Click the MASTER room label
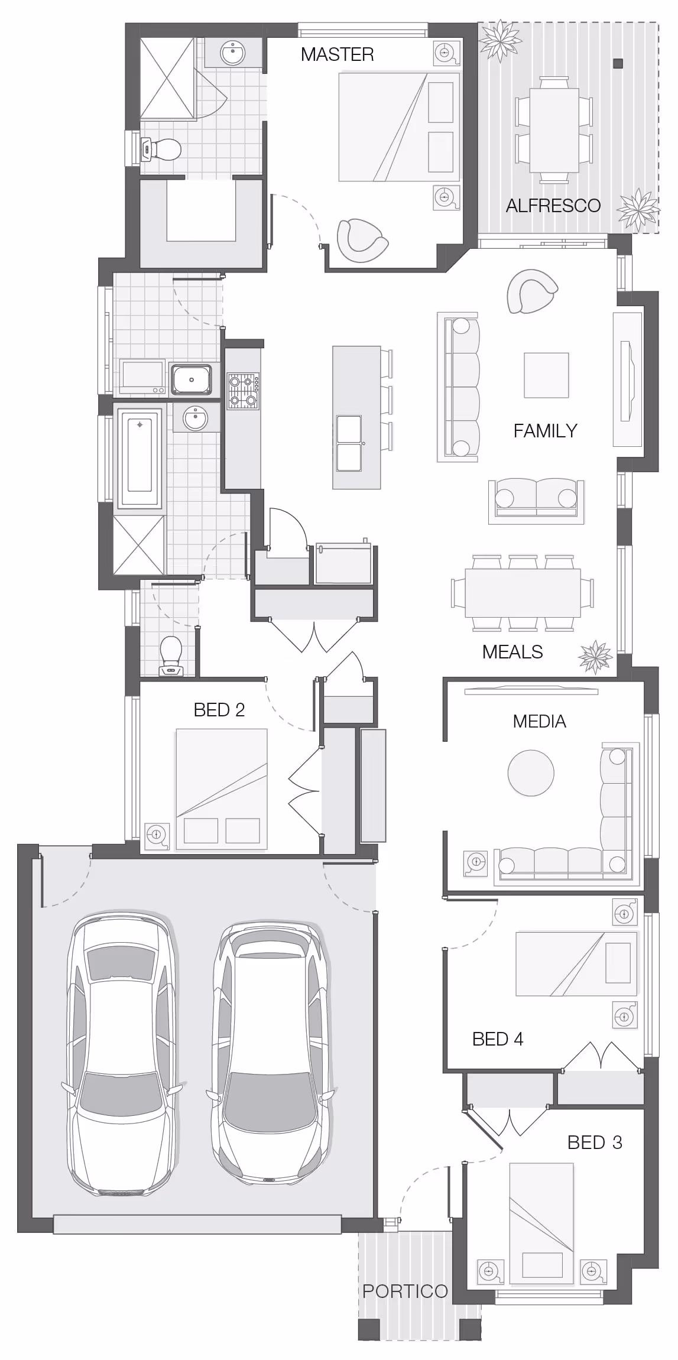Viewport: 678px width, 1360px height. tap(337, 54)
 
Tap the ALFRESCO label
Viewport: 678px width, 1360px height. tap(553, 206)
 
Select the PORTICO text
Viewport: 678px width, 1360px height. tap(405, 1291)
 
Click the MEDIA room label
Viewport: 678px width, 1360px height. tap(539, 721)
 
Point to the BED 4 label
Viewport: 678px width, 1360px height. tap(498, 1039)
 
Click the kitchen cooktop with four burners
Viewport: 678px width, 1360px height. tap(244, 391)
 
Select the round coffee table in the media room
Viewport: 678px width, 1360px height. tap(531, 773)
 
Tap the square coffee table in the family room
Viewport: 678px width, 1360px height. tap(546, 375)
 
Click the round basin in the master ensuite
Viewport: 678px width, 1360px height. tap(232, 54)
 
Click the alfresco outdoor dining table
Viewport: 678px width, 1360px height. tap(554, 130)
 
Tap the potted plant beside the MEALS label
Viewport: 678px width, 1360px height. tap(595, 657)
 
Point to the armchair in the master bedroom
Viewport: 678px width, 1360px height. tap(362, 240)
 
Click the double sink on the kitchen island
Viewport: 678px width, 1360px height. tap(349, 444)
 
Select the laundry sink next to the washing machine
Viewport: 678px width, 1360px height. tap(191, 379)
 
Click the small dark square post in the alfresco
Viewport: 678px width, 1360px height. tap(618, 63)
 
